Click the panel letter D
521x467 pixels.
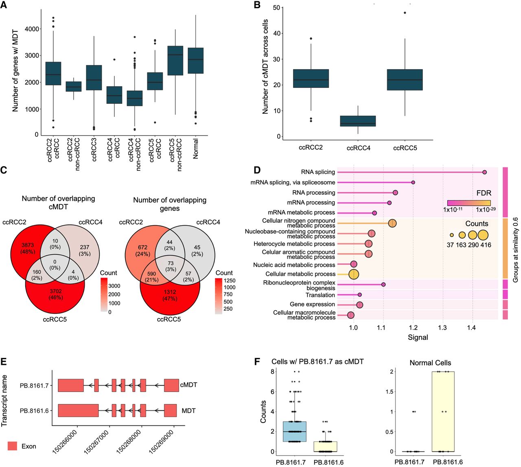tap(257, 170)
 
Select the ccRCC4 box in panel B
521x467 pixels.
tap(358, 121)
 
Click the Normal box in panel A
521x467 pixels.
tap(195, 60)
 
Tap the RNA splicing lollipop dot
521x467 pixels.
tap(484, 172)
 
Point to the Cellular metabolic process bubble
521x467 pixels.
tap(354, 274)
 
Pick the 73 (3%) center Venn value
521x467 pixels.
tap(171, 266)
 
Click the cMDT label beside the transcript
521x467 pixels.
tap(188, 385)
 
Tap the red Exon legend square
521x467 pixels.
tap(12, 446)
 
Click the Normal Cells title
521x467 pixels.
tap(430, 363)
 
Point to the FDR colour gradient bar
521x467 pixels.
tap(468, 203)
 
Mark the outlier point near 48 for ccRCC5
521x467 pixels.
tap(405, 13)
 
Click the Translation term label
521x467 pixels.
tap(320, 295)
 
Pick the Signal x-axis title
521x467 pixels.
tap(418, 337)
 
